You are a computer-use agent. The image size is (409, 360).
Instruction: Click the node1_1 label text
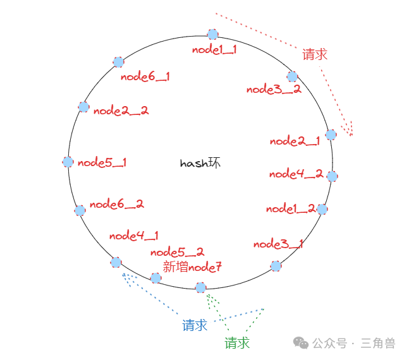(214, 49)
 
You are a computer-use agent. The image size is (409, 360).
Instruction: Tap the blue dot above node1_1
(212, 34)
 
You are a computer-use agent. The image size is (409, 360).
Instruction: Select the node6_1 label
(145, 76)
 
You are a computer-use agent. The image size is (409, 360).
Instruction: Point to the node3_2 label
(274, 89)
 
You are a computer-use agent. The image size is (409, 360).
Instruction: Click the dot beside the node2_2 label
(83, 107)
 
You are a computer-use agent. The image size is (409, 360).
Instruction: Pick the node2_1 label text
(295, 141)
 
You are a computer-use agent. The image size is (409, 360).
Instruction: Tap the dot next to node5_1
(68, 162)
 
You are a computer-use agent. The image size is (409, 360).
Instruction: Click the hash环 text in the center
(200, 163)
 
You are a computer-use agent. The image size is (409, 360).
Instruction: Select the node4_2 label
(296, 174)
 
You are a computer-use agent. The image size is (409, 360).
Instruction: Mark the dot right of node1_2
(322, 209)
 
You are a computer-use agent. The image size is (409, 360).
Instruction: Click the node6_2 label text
(116, 204)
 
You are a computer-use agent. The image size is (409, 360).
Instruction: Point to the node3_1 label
(278, 244)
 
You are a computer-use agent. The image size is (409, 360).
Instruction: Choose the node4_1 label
(134, 236)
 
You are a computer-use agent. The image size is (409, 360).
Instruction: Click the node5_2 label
(178, 252)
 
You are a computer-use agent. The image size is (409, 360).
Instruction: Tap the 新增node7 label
(192, 267)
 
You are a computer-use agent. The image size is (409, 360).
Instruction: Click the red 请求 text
(315, 54)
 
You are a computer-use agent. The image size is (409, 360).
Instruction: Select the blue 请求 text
(195, 325)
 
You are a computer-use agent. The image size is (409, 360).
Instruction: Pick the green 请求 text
(237, 342)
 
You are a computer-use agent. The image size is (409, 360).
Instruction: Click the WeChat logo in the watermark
(301, 343)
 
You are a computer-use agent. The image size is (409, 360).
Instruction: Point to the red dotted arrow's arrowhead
(348, 129)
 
